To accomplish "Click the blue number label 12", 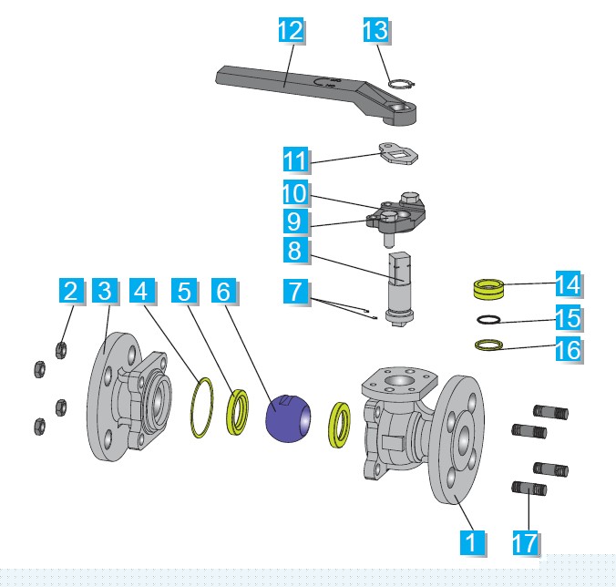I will (290, 30).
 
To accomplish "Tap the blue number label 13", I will (375, 30).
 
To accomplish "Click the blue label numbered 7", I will (293, 293).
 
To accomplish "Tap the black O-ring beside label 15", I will (488, 320).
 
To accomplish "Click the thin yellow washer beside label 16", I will (488, 345).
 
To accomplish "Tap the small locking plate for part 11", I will (398, 153).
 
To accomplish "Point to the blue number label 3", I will (105, 292).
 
